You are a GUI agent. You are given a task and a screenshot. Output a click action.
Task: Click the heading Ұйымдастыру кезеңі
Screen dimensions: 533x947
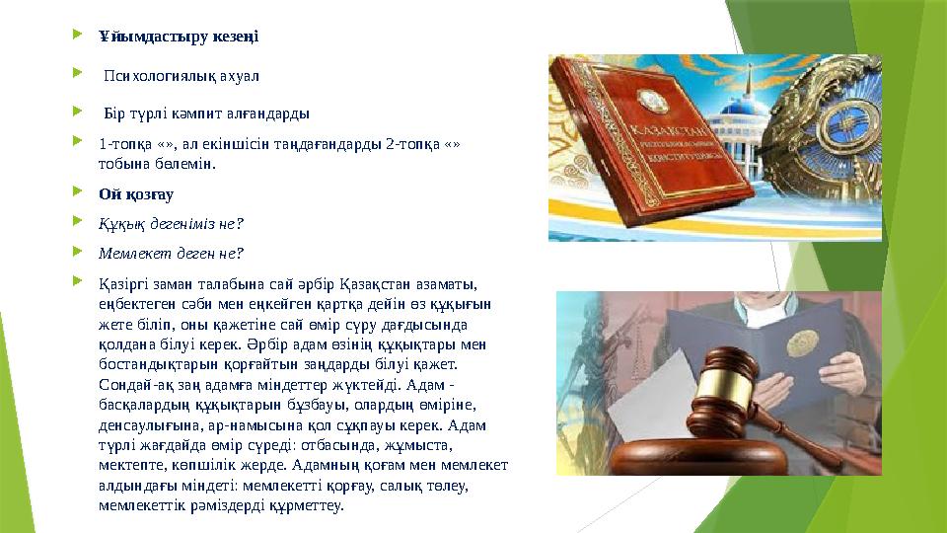tap(178, 38)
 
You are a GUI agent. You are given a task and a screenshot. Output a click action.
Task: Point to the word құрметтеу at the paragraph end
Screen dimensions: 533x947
tap(311, 505)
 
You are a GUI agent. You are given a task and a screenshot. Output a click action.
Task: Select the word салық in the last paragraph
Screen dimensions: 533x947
tap(416, 487)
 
